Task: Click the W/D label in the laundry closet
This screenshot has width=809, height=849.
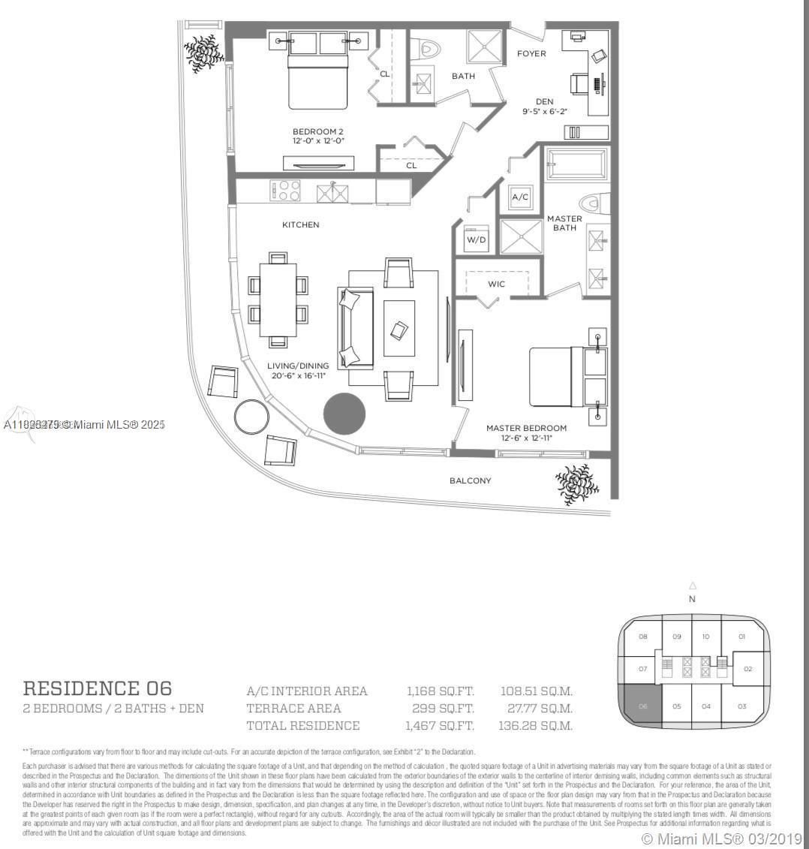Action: coord(476,240)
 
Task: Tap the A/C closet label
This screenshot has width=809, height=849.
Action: coord(520,197)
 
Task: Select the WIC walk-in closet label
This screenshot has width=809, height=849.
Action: coord(496,284)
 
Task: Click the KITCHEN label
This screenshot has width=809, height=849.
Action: coord(300,224)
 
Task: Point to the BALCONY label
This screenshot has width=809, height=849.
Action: coord(471,480)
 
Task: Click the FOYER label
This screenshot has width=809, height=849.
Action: coord(531,53)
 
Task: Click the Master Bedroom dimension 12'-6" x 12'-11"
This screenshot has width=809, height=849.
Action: coord(526,438)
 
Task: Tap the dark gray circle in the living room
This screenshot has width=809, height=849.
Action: coord(344,414)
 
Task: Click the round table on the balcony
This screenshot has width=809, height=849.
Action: coord(251,415)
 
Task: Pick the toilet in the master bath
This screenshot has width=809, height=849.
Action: coord(593,204)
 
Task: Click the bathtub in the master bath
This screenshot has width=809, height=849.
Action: coord(576,163)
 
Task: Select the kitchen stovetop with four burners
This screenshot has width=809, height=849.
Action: coord(286,191)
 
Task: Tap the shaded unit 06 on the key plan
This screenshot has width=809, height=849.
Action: coord(643,706)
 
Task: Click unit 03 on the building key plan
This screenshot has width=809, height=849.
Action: coord(741,706)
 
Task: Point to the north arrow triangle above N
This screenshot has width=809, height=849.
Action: coord(693,586)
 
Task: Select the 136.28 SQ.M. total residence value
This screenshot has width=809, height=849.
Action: coord(535,726)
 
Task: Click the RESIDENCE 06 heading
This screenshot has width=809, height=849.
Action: coord(98,688)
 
